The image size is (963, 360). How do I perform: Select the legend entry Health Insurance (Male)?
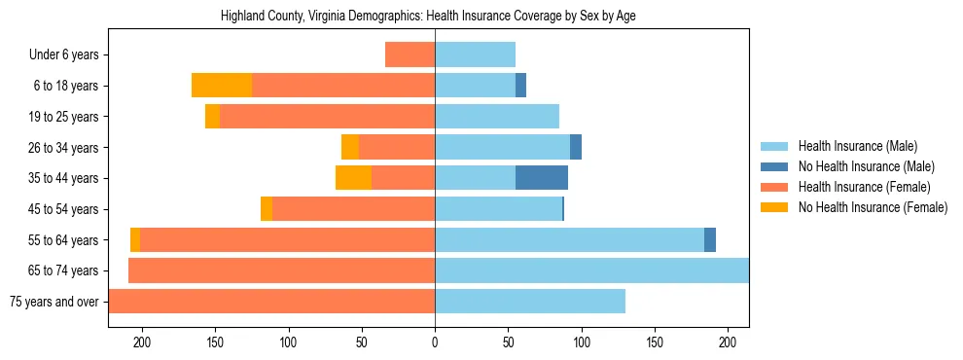pos(856,146)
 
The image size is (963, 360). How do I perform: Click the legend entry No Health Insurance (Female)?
pos(873,207)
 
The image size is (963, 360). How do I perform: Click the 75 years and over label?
pos(53,302)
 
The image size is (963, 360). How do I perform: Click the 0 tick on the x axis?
pos(435,342)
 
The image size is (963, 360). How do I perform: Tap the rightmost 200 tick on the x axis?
pos(728,342)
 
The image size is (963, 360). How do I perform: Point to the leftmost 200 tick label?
pos(142,342)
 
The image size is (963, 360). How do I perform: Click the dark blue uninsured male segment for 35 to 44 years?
pos(542,178)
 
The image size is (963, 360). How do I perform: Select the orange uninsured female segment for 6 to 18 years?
pos(222,86)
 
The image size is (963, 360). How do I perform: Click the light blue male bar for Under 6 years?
pos(475,55)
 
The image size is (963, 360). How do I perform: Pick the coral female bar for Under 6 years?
pos(410,55)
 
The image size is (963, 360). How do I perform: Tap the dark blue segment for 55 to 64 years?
pos(710,239)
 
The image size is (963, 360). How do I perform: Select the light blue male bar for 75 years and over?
pos(530,302)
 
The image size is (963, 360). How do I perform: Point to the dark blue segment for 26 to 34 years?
pos(576,147)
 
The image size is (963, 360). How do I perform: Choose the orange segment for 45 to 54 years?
pos(267,209)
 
